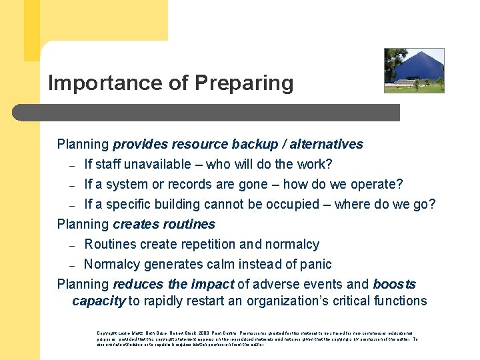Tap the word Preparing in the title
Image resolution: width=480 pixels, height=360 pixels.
point(243,83)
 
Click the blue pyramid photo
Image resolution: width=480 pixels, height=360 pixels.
point(414,71)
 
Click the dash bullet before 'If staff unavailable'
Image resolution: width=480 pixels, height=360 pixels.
point(71,165)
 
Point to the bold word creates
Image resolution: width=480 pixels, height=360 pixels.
point(134,224)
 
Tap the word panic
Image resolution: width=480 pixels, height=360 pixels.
point(315,265)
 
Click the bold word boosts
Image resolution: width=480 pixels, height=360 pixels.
point(394,285)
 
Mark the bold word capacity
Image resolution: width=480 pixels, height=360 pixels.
point(98,301)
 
